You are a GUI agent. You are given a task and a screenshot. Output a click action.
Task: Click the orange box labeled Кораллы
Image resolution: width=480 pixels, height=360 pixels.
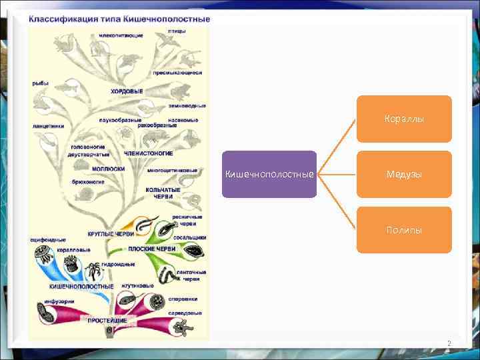pos(404,119)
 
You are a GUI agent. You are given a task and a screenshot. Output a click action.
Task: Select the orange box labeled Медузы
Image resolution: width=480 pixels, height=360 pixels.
pos(404,174)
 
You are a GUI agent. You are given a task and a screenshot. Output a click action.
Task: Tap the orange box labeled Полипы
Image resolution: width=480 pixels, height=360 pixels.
pos(404,230)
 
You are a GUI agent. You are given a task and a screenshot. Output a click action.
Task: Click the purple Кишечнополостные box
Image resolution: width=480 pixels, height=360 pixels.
pos(269,174)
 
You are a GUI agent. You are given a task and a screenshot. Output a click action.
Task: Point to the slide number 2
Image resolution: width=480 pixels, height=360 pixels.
pos(449,344)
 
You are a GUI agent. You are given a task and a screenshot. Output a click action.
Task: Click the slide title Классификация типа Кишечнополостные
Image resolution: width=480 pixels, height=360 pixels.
pos(119,19)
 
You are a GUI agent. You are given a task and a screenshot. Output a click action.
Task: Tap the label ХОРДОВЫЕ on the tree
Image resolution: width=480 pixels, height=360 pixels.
pos(127,91)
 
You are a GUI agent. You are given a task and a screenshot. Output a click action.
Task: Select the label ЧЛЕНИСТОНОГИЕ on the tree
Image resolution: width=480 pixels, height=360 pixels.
pos(149,153)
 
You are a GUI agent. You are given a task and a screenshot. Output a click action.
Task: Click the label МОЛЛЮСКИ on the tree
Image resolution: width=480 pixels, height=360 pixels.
pos(108,169)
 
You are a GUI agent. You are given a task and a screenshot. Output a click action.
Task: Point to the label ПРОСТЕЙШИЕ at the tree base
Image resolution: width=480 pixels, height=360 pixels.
pos(107,321)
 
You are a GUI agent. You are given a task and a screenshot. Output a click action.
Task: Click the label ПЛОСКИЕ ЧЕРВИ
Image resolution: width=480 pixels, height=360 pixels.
pos(152,249)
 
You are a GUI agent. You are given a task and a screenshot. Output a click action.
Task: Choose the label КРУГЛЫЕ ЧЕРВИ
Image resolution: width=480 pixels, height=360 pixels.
pos(111,234)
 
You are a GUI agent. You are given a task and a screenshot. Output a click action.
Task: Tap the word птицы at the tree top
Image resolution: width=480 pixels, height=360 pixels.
pos(177,31)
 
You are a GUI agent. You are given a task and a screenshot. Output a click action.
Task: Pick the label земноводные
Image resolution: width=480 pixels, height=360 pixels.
pos(187,105)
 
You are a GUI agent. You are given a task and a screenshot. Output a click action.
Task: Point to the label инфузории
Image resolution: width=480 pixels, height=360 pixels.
pos(59,301)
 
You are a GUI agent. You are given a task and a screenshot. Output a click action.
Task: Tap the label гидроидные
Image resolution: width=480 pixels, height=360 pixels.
pos(119,265)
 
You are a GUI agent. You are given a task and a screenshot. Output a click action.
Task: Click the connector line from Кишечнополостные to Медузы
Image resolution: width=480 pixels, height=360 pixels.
pos(337,174)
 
